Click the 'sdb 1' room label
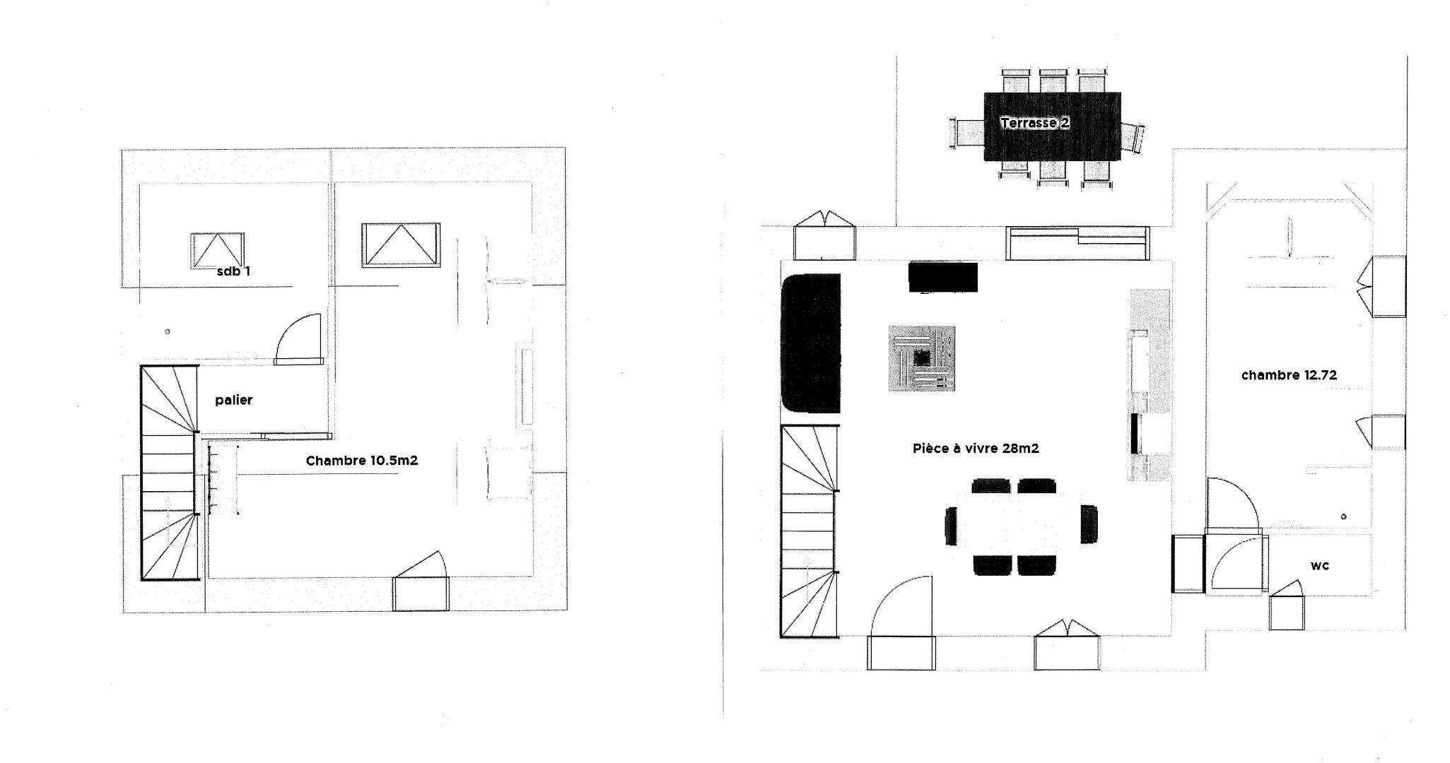coord(233,271)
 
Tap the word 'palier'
coord(233,400)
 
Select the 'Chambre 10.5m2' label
coord(362,461)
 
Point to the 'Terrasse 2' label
coord(1035,123)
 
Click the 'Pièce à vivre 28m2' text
coord(976,448)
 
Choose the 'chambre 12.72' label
coord(1289,375)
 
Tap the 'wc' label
coord(1319,565)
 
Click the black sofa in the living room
coord(811,343)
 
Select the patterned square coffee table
coord(922,358)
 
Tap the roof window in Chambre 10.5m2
coord(401,245)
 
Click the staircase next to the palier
coord(170,472)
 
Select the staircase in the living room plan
coord(810,531)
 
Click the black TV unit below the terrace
coord(943,277)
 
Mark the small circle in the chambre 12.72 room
coord(1343,516)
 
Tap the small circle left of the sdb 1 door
coord(168,331)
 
